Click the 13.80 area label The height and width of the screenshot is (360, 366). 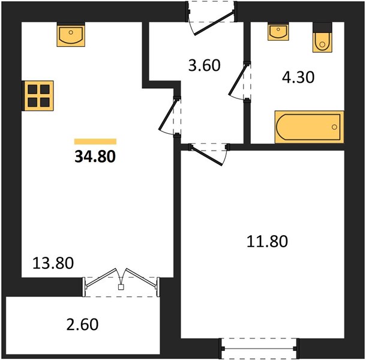point(53,263)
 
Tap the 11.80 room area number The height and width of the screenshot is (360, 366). point(267,241)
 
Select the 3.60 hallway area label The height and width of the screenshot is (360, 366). point(204,65)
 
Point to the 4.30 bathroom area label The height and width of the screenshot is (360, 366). point(298,77)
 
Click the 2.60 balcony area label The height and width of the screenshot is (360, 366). point(82,325)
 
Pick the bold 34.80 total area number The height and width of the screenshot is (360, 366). point(95,157)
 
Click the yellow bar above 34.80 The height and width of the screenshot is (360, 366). point(95,142)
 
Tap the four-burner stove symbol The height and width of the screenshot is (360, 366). point(38,96)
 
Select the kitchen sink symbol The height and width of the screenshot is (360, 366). point(71,35)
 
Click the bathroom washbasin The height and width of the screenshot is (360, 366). point(278,32)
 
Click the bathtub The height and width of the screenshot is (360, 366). point(309,127)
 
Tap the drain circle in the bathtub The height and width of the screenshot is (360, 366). point(334,127)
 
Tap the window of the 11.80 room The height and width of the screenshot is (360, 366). point(259,349)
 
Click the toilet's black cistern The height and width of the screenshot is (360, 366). point(322,28)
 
